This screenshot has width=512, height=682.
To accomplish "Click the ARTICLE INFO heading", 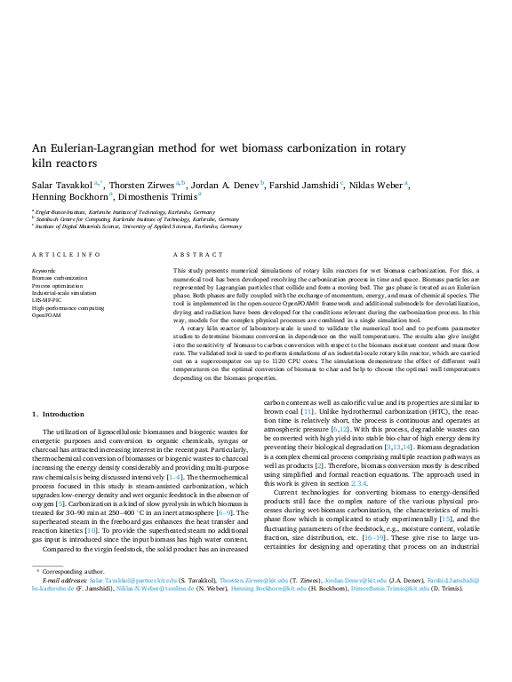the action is coord(66,254).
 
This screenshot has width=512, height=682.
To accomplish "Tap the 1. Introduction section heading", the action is coord(58,414).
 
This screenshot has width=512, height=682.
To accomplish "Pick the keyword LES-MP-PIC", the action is coord(46,300).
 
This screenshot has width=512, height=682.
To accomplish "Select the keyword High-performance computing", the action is coord(68,307).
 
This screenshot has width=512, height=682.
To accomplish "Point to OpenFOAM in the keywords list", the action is coord(47,314).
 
